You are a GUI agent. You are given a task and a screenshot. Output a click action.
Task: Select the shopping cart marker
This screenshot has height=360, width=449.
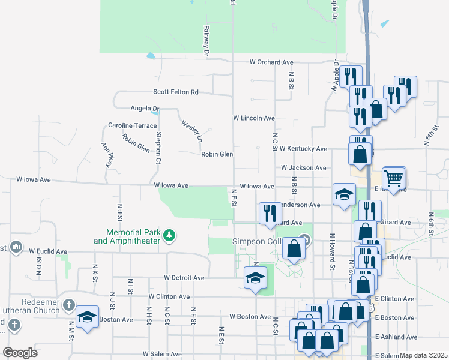tap(394, 178)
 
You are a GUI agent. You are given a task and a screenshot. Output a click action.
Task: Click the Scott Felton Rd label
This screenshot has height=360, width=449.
tap(175, 92)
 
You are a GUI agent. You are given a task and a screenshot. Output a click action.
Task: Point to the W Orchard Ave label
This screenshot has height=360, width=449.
tap(271, 62)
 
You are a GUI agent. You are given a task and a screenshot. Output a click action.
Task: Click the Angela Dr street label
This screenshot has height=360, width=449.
tap(145, 109)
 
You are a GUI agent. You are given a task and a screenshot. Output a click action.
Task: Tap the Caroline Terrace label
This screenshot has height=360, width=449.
tap(132, 125)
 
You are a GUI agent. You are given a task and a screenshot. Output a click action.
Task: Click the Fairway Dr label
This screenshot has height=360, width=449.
tap(206, 41)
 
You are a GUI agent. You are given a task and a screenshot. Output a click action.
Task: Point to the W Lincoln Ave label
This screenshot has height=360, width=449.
tap(254, 118)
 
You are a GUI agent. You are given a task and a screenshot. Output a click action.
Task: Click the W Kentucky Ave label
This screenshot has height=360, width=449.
tap(304, 148)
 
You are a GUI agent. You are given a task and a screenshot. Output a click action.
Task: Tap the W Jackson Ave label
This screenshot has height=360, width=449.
tap(304, 168)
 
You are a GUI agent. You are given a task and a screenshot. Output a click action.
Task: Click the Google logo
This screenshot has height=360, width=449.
tap(20, 353)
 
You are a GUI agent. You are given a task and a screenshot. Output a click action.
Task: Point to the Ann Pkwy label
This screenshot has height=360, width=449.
tap(107, 155)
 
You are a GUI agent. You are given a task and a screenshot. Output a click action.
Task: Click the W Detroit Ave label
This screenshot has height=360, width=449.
tap(184, 278)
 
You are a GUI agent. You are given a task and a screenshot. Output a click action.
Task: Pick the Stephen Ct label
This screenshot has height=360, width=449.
tap(158, 148)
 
